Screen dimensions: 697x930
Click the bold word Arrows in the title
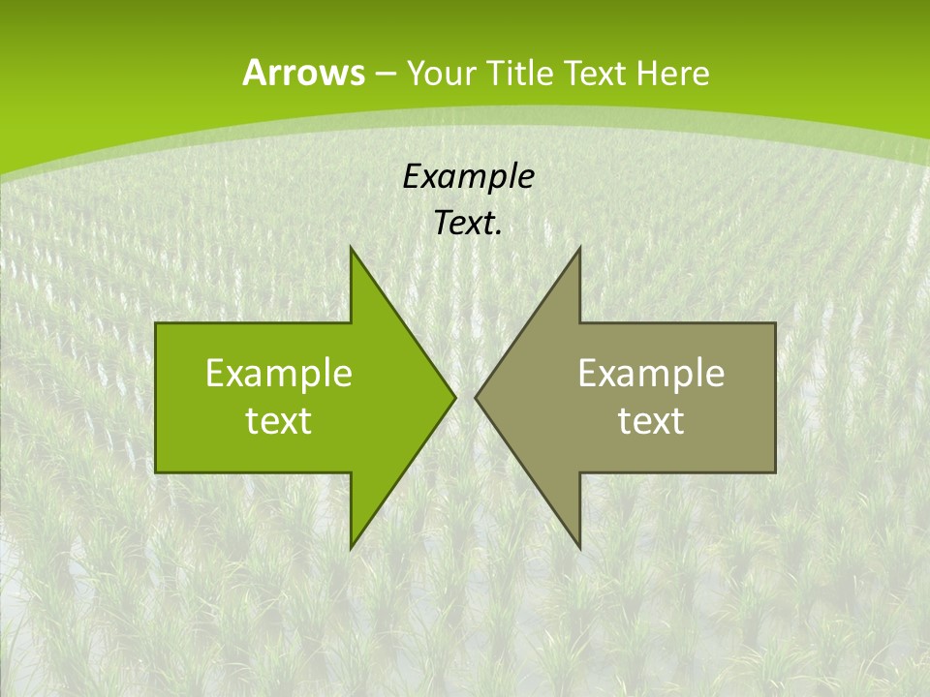302,73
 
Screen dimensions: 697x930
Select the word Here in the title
673,73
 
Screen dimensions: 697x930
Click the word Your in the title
438,73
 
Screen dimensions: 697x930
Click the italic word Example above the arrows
468,176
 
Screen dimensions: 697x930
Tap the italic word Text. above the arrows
468,224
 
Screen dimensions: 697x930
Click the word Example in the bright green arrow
279,373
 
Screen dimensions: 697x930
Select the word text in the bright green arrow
279,420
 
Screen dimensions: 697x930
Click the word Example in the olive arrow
651,373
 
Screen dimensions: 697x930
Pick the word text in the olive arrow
651,420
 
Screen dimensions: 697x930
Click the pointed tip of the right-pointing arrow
455,397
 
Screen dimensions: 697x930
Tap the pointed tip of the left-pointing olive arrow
476,397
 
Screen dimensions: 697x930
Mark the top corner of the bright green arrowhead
351,248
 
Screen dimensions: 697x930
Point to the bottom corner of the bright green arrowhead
351,547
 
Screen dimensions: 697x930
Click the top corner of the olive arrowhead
579,248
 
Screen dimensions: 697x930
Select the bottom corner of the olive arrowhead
579,547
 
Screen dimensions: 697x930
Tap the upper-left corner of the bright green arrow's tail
156,323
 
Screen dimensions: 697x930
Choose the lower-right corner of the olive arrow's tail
775,471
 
